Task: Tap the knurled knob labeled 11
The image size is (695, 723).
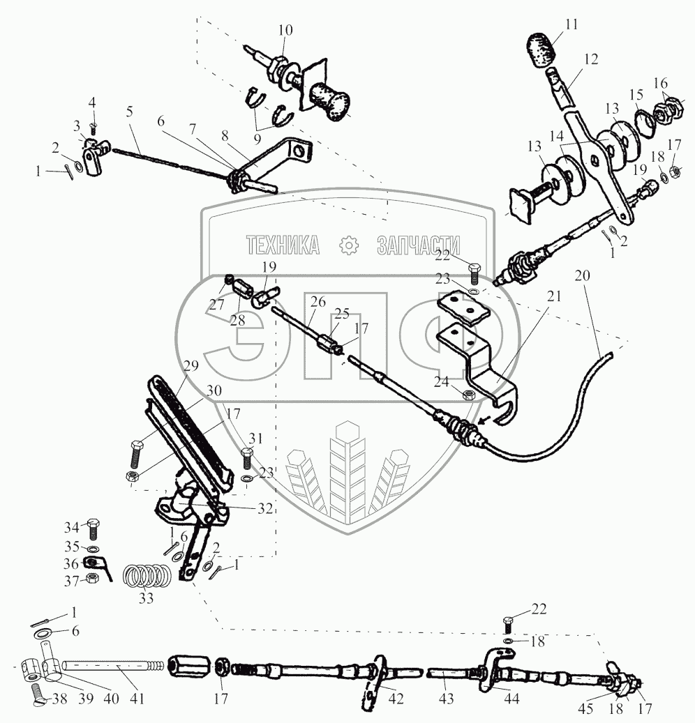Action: coord(540,48)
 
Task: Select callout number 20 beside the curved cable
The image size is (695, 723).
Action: coord(583,276)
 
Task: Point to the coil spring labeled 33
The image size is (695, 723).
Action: coord(148,576)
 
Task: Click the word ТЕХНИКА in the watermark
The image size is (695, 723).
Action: coord(283,245)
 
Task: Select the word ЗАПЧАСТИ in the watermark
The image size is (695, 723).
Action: coord(418,245)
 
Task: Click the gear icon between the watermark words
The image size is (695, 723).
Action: coord(347,245)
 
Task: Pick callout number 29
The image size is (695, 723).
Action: coord(191,366)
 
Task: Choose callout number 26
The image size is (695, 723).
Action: coord(319,302)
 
